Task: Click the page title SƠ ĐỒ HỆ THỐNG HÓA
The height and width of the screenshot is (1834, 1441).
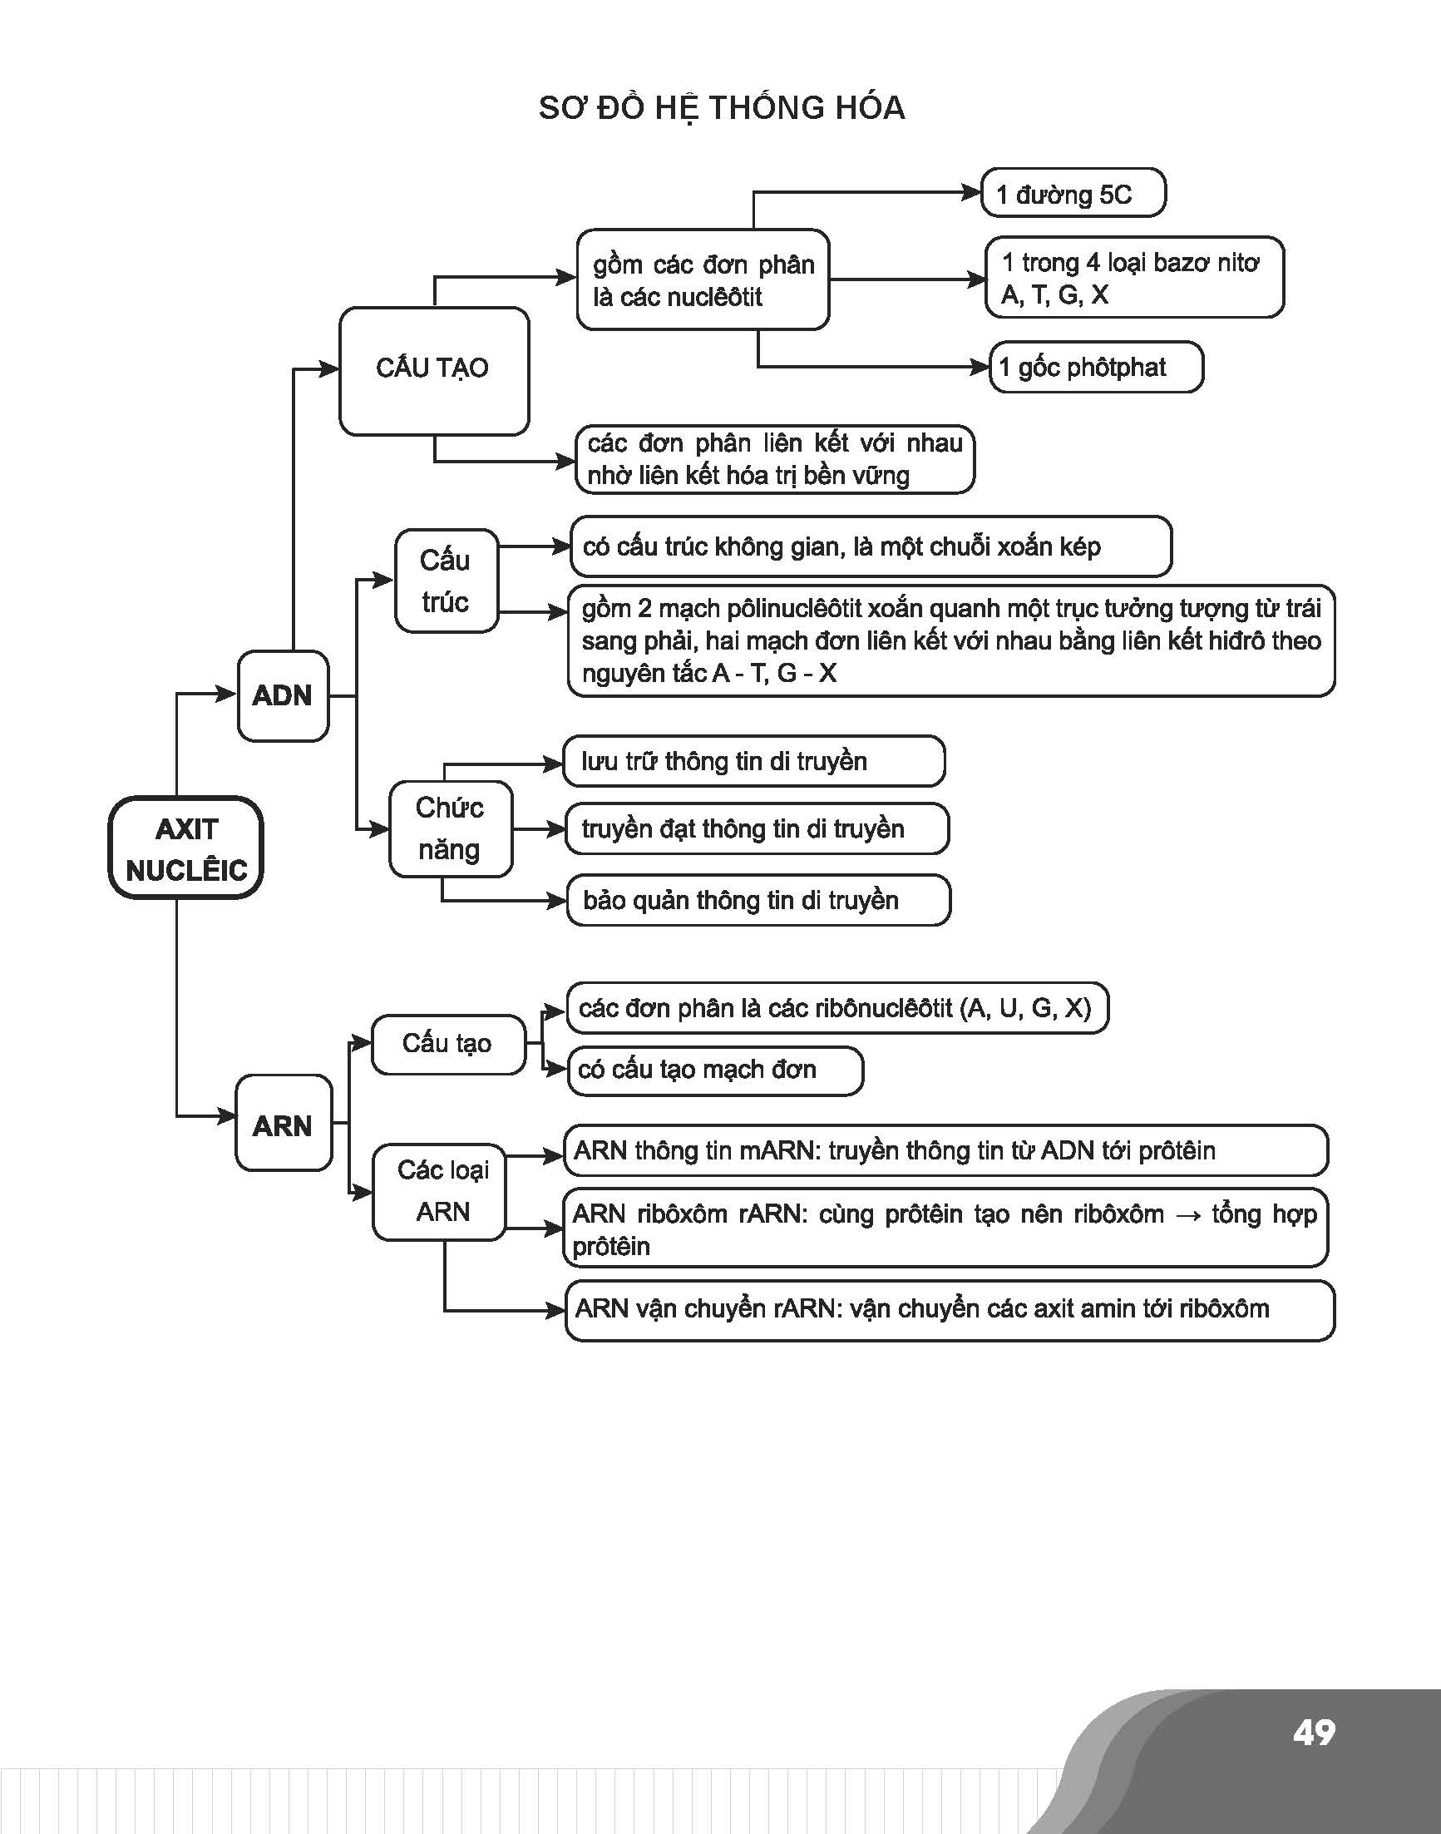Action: [722, 109]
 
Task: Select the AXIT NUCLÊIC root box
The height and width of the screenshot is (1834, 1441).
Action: [185, 848]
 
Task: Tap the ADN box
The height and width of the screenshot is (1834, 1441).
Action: [283, 695]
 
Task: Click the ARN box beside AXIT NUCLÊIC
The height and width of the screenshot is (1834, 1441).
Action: [284, 1123]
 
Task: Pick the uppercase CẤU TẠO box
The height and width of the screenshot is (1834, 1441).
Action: [434, 370]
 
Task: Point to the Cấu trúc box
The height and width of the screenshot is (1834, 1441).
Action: [447, 581]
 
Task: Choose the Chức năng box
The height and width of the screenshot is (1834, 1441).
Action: [451, 828]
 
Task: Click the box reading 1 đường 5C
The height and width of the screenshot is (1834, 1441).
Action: [1073, 193]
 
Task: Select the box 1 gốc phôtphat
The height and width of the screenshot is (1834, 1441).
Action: [1095, 367]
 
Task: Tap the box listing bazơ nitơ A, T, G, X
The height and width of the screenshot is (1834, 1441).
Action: [1134, 277]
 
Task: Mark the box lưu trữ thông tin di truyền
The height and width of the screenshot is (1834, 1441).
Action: [754, 760]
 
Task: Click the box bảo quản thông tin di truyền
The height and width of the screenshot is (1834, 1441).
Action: [758, 901]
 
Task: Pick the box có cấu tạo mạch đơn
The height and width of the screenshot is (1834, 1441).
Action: [715, 1071]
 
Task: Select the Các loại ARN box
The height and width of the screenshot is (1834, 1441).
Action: [440, 1192]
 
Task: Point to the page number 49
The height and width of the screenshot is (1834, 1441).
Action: [1314, 1733]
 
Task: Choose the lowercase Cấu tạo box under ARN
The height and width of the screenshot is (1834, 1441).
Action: [448, 1044]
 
